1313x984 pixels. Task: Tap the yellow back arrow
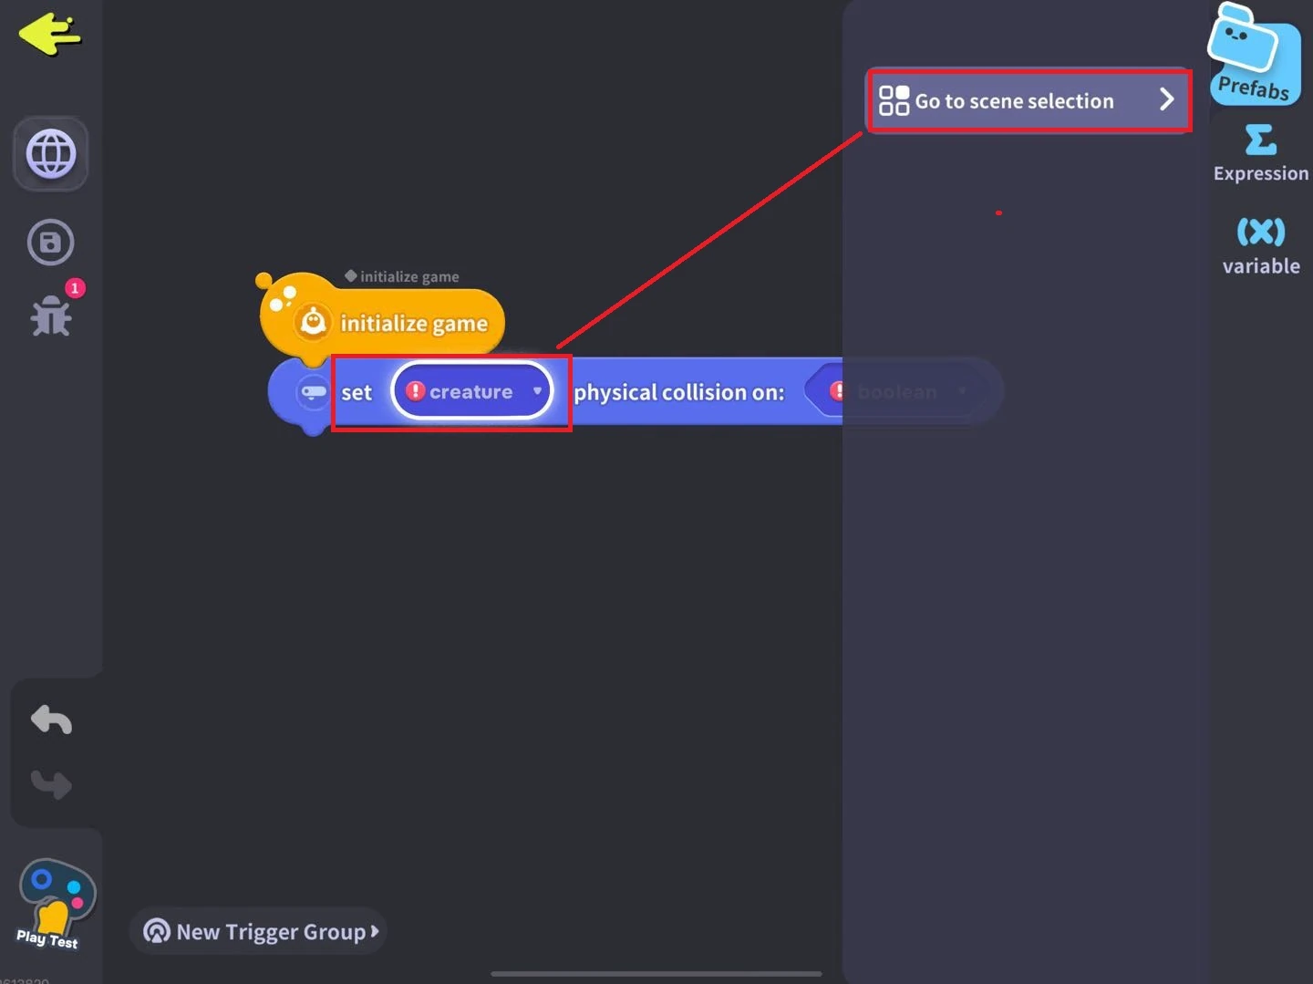coord(49,34)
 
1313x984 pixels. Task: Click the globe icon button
coord(51,153)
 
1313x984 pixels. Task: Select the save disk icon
coord(51,243)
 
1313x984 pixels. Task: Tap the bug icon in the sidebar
coord(51,316)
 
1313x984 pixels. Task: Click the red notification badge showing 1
coord(75,288)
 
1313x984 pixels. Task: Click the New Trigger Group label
coord(270,931)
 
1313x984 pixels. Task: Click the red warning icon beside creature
coord(416,391)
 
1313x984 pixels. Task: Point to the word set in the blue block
coord(357,393)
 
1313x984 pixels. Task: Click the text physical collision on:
coord(678,392)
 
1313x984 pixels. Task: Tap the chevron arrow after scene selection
coord(1166,99)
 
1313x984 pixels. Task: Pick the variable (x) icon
coord(1260,232)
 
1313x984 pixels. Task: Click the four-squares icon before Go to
coord(894,100)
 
